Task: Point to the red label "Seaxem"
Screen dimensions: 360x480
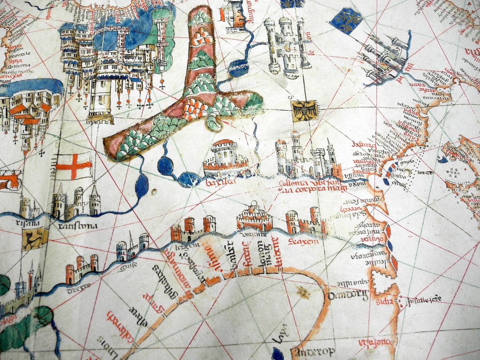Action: pyautogui.click(x=304, y=242)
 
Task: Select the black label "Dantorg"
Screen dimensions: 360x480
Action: pyautogui.click(x=342, y=296)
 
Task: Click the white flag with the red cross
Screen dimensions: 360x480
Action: pyautogui.click(x=74, y=166)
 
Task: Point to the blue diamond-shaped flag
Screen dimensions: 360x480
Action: pyautogui.click(x=347, y=20)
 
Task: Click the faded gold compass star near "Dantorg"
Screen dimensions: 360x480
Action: pyautogui.click(x=303, y=294)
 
